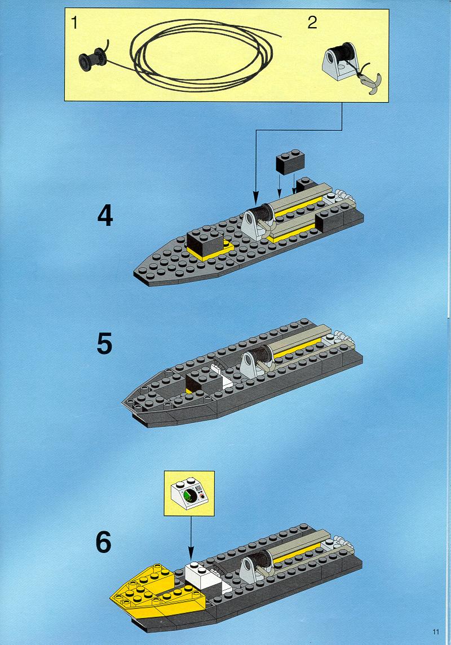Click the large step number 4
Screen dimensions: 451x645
coord(105,216)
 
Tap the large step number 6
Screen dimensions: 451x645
coord(104,542)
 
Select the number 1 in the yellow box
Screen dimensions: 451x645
coord(74,23)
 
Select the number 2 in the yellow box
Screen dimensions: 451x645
coord(312,22)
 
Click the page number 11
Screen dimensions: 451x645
coord(436,631)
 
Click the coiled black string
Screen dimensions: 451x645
coord(201,55)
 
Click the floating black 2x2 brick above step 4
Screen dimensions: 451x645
coord(291,161)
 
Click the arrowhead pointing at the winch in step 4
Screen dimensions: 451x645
coord(256,200)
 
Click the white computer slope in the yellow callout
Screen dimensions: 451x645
coord(189,493)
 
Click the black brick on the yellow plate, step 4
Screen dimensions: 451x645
coord(204,242)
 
